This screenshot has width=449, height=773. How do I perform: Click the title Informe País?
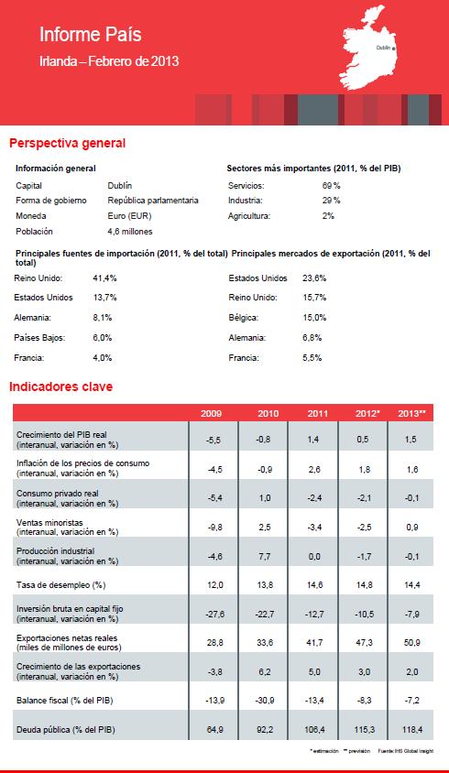[91, 35]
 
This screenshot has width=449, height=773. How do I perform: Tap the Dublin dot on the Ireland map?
[394, 49]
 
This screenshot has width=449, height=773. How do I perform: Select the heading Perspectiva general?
[68, 144]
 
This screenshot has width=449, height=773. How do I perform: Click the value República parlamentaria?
[153, 201]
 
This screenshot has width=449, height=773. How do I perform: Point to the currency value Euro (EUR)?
[129, 216]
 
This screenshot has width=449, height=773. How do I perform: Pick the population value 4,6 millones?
[130, 231]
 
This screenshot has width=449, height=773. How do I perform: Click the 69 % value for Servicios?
[331, 186]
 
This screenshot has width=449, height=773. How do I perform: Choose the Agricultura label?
[249, 216]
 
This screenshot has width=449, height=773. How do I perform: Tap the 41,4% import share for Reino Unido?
[104, 278]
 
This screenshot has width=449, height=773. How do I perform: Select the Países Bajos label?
[39, 338]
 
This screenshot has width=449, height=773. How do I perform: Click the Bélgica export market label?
[243, 318]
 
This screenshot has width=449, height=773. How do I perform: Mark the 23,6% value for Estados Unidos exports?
[314, 278]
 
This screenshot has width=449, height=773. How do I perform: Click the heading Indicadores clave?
[61, 386]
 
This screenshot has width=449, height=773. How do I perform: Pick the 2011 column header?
[317, 414]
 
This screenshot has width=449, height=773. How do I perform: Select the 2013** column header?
[411, 414]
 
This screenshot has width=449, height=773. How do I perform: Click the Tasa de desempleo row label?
[60, 585]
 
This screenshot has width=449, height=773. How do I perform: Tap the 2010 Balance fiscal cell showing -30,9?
[264, 700]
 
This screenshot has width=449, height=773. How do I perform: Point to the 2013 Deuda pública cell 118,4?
[411, 729]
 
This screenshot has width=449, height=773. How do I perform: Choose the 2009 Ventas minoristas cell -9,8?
[214, 527]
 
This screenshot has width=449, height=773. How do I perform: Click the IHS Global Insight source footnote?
[406, 751]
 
